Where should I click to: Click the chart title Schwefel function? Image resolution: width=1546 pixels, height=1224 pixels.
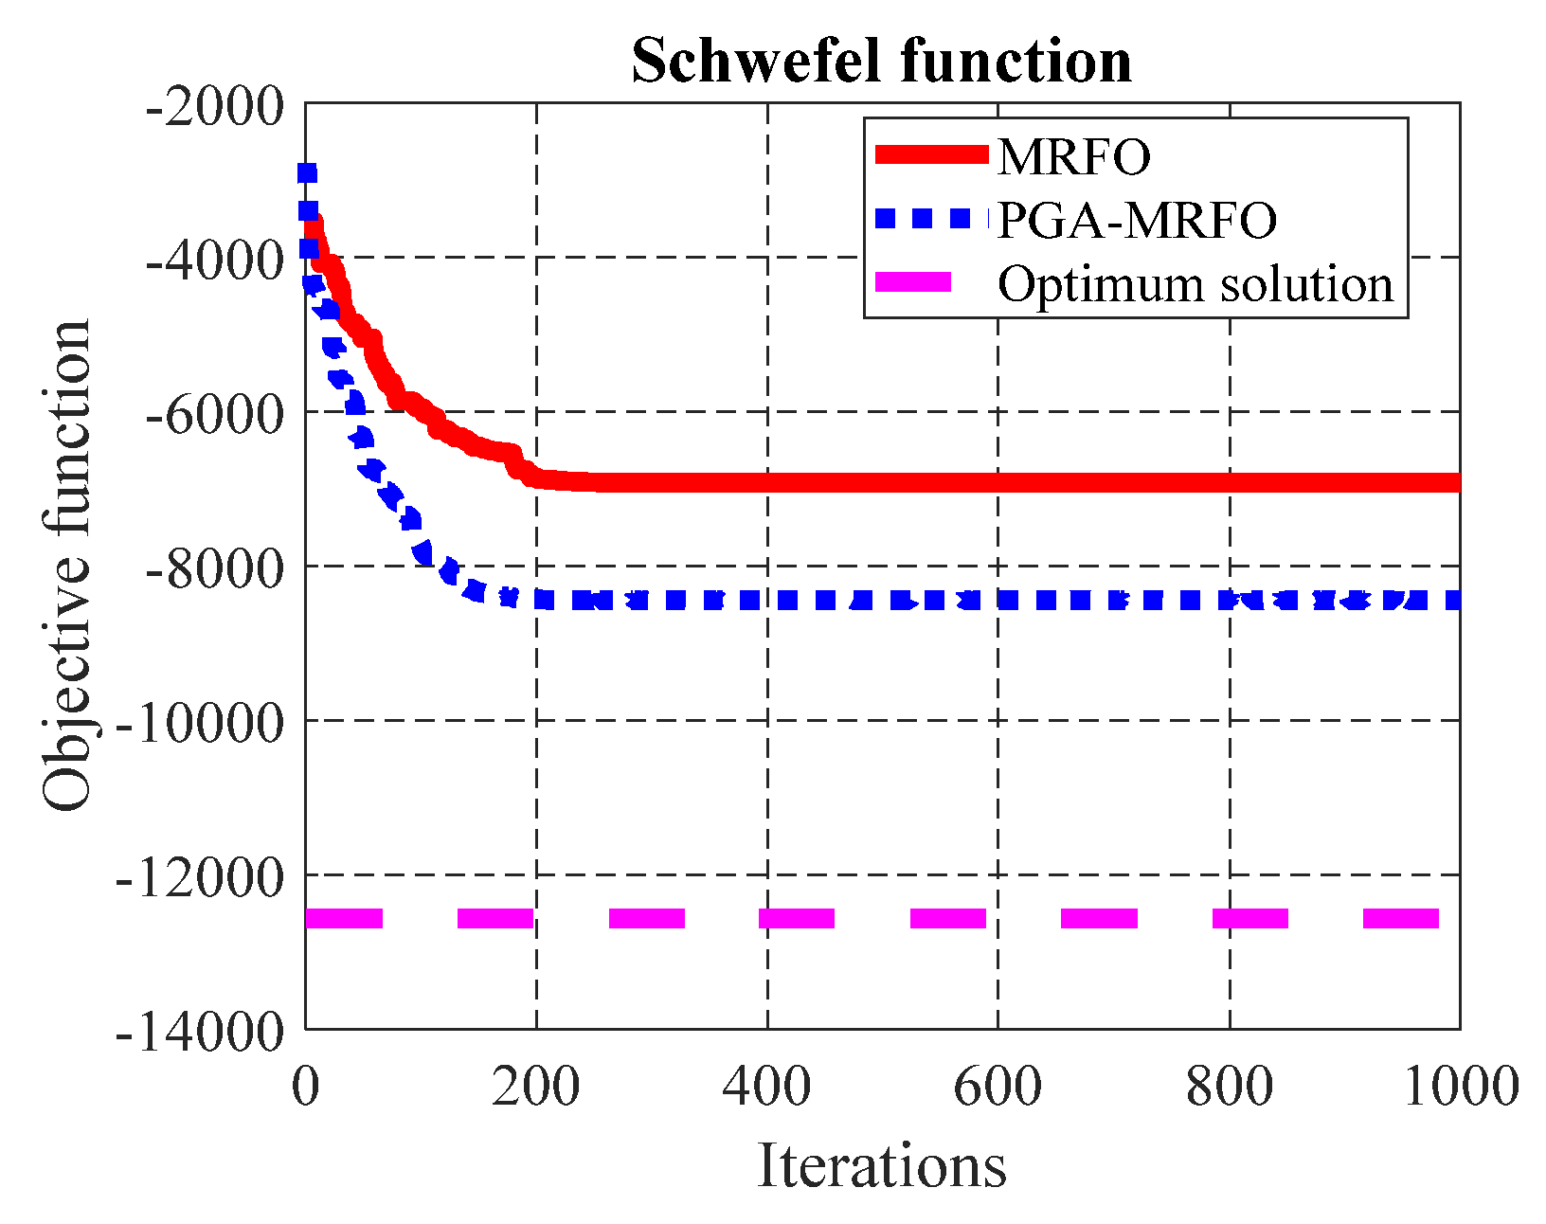(881, 62)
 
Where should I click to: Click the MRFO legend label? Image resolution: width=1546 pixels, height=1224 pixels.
(1073, 156)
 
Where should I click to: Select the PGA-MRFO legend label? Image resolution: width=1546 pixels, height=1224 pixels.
(1137, 220)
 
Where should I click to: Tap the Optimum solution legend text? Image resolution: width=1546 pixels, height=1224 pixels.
(1195, 283)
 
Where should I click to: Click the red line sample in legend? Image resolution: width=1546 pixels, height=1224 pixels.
(932, 155)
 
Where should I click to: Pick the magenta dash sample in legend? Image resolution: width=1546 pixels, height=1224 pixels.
(913, 282)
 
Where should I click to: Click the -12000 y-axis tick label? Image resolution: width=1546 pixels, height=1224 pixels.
(200, 876)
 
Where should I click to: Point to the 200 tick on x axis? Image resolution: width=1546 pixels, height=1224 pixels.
(535, 1086)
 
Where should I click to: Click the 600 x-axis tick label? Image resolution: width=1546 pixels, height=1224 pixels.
(998, 1086)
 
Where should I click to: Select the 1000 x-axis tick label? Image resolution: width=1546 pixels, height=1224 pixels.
(1460, 1086)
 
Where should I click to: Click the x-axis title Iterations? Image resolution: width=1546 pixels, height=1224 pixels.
(881, 1165)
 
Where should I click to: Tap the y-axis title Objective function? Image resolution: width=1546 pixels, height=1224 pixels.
(66, 566)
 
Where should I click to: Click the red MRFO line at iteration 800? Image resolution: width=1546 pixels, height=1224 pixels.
(1229, 482)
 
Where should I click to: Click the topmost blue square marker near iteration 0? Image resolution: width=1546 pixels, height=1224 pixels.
(307, 173)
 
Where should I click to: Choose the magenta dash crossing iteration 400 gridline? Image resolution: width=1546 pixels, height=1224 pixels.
(796, 918)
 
